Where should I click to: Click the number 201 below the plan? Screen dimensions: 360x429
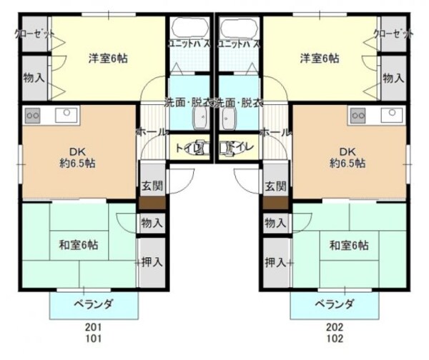[x=94, y=327]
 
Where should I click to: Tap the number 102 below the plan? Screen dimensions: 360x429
[x=335, y=339]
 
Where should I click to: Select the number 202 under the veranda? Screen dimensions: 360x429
[x=335, y=327]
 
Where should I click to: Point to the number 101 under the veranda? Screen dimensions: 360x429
[x=94, y=339]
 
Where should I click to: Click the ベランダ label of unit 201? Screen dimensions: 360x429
[x=94, y=304]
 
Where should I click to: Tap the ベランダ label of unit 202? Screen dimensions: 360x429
[x=335, y=304]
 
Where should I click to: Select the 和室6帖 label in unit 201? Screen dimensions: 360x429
[x=78, y=246]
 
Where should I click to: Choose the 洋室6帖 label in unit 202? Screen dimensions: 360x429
[x=319, y=58]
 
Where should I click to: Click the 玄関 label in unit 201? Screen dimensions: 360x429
[x=151, y=186]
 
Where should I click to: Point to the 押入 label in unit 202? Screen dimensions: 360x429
[x=275, y=262]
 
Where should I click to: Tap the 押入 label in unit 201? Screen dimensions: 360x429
[x=151, y=262]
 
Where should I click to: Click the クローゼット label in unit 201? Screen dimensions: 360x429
[x=31, y=34]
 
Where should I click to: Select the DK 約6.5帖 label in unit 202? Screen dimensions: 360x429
[x=347, y=157]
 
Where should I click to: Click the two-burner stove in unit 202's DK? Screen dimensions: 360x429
[x=357, y=114]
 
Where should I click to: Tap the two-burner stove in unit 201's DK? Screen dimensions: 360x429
[x=33, y=114]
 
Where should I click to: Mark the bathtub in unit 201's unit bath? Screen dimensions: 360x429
[x=189, y=29]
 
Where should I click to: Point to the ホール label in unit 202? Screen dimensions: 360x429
[x=275, y=132]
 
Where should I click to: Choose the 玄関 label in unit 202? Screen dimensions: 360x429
[x=275, y=186]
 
